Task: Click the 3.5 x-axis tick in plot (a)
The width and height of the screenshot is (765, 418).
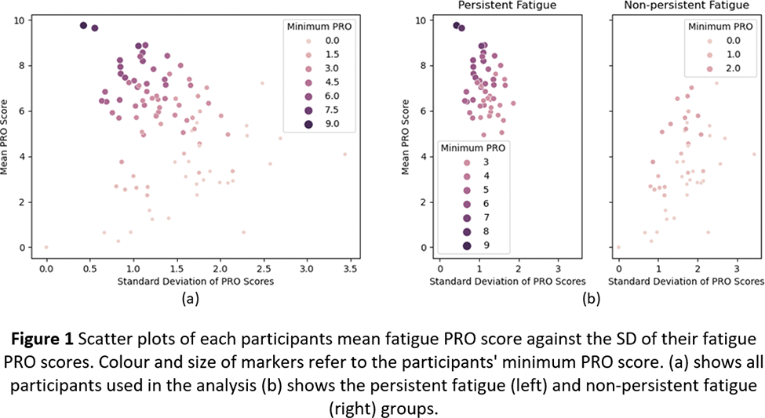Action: (350, 268)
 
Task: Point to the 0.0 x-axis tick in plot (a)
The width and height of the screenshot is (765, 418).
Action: (46, 268)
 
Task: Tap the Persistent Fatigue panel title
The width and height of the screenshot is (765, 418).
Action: (496, 6)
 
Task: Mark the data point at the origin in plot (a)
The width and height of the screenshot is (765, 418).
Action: (46, 247)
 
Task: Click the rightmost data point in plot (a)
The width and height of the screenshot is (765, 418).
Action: (344, 154)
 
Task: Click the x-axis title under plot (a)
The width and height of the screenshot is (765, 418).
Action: (195, 281)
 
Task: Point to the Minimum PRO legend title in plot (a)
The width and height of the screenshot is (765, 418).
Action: (319, 26)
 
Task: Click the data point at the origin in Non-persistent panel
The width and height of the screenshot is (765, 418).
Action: (618, 247)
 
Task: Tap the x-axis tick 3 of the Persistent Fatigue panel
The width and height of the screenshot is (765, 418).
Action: (558, 268)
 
